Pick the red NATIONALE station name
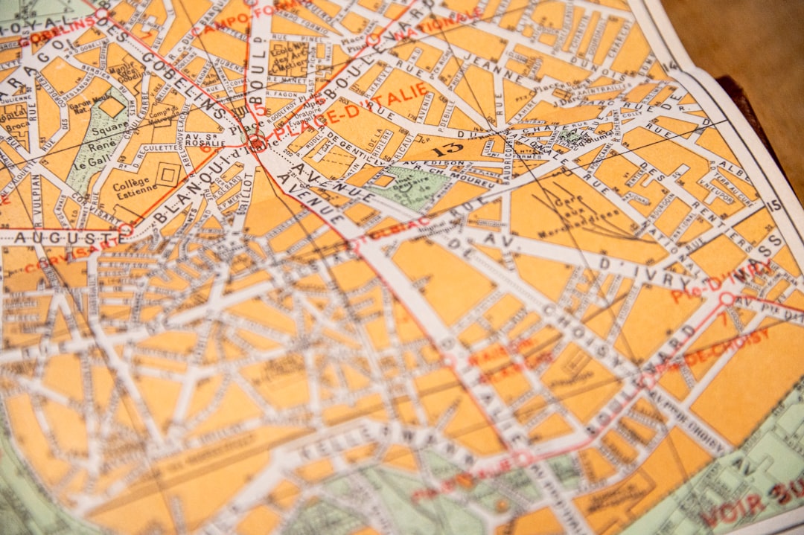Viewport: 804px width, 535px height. pos(430,25)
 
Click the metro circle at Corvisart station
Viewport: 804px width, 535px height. pos(126,229)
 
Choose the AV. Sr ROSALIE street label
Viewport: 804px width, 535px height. pos(200,143)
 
